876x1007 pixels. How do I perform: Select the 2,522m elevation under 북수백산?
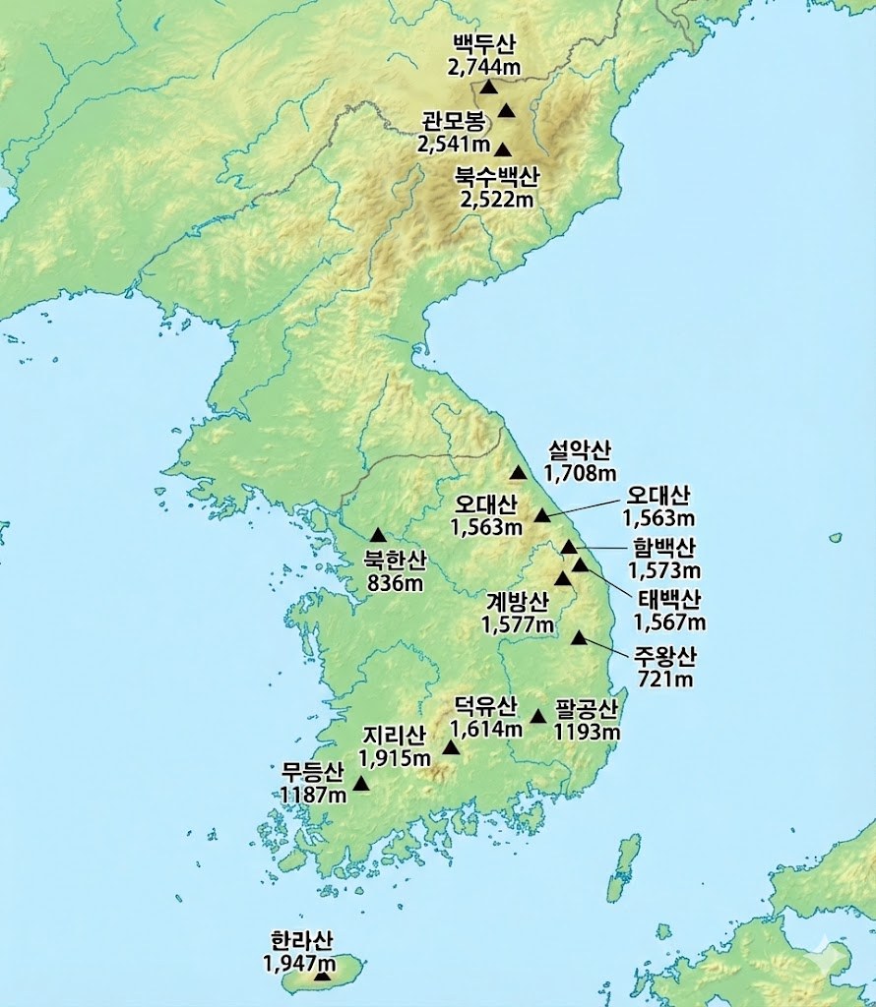pos(497,200)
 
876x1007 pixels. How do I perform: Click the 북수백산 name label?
pos(497,178)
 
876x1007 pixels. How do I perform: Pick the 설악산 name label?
pos(580,451)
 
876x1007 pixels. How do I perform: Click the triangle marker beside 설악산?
pos(519,473)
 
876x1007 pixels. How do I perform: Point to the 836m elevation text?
pos(395,583)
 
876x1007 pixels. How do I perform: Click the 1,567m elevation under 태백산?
pos(669,622)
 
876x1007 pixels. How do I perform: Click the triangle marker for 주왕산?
pos(579,638)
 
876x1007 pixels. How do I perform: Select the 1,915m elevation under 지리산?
pos(395,757)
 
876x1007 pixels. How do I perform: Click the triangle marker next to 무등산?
pos(361,784)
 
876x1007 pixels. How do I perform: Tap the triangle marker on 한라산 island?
pos(322,976)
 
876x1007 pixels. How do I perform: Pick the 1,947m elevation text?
pos(298,962)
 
